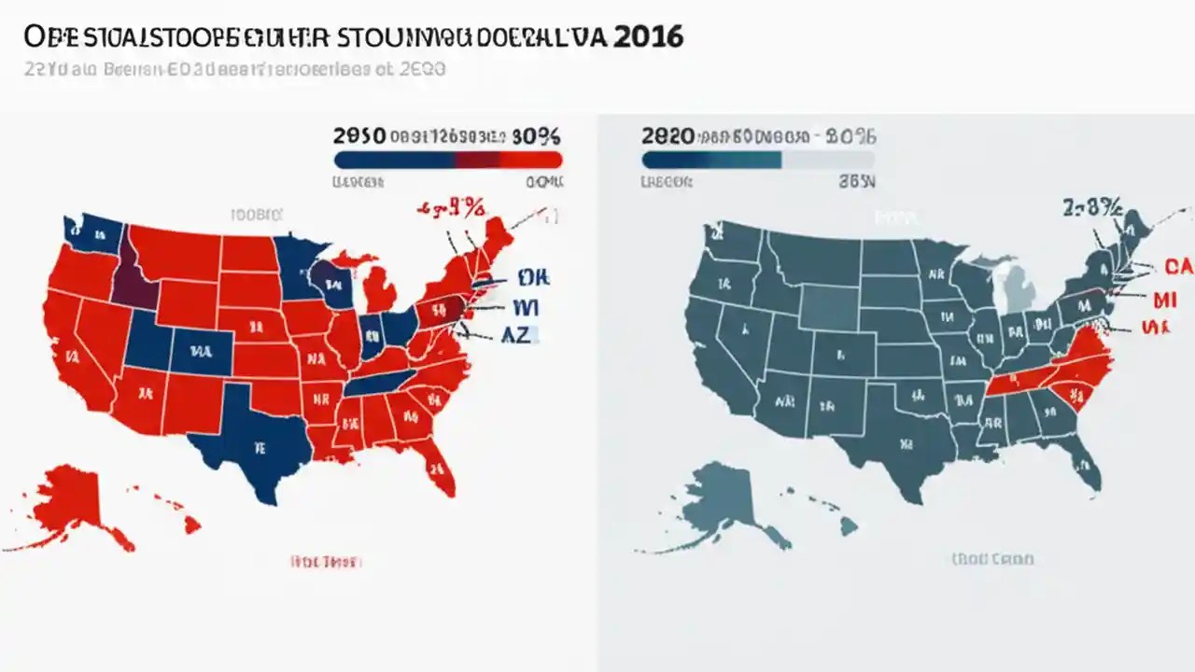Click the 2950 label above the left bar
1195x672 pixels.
359,135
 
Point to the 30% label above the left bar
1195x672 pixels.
537,135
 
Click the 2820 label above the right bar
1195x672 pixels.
668,135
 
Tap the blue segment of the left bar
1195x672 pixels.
392,160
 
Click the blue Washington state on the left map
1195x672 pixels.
89,233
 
